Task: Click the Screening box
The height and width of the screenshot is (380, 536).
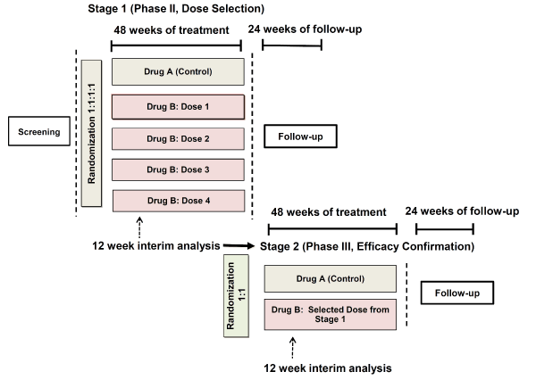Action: click(x=39, y=131)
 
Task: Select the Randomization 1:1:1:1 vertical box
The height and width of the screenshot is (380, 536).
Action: click(x=91, y=133)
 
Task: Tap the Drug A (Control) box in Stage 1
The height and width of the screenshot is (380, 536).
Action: click(x=178, y=71)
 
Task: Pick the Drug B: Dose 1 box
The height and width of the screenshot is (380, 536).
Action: click(x=178, y=107)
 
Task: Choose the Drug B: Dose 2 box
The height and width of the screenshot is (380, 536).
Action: click(x=178, y=138)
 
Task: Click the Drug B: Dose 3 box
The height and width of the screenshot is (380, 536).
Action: click(x=178, y=169)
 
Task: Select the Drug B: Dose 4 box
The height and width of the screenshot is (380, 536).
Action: click(x=179, y=201)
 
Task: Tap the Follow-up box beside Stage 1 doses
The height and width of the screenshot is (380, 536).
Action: click(x=300, y=136)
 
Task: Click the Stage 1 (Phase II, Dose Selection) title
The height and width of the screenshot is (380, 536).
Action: click(x=176, y=9)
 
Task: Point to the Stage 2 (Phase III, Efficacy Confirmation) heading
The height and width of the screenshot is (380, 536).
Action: click(x=367, y=246)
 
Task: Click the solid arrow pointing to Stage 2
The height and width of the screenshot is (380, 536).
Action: click(x=239, y=245)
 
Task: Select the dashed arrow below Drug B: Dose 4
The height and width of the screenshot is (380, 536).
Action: click(x=139, y=227)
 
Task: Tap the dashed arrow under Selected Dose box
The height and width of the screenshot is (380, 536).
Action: click(x=293, y=348)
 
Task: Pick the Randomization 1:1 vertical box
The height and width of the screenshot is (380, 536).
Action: click(x=236, y=295)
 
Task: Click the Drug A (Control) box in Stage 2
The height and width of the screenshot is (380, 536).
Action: click(x=331, y=278)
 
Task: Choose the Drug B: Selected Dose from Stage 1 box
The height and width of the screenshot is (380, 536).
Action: click(x=331, y=315)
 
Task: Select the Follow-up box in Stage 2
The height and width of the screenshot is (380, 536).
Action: click(x=457, y=293)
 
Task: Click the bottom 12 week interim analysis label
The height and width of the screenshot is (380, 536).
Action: click(x=328, y=368)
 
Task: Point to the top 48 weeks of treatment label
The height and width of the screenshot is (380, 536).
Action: click(x=172, y=30)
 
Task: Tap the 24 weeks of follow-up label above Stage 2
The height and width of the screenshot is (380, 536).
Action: click(x=462, y=211)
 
